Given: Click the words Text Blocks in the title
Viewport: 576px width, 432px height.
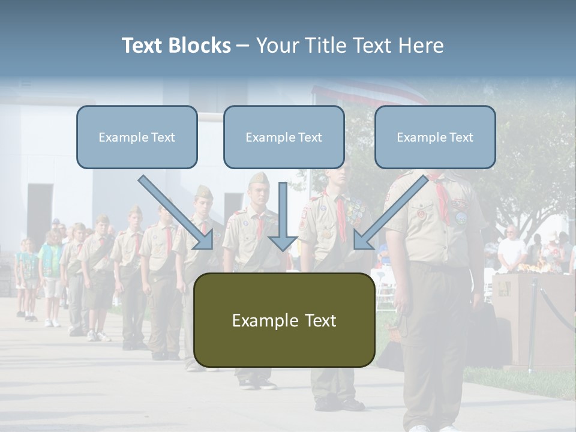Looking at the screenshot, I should point(176,46).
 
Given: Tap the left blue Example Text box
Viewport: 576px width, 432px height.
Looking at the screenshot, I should point(137,137).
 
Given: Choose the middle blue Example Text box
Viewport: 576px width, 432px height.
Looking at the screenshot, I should point(284,137).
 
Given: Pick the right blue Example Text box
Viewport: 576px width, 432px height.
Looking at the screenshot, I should point(435,137).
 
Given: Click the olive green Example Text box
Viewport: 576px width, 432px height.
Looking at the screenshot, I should point(284,320).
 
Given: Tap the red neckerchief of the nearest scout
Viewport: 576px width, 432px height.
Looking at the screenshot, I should point(443,201).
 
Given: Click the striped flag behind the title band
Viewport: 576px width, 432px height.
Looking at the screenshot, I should point(366,93).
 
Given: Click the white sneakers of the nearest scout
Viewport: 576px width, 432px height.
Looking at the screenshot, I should point(420,428).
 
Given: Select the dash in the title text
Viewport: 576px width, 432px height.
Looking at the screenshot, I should point(243,46).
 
